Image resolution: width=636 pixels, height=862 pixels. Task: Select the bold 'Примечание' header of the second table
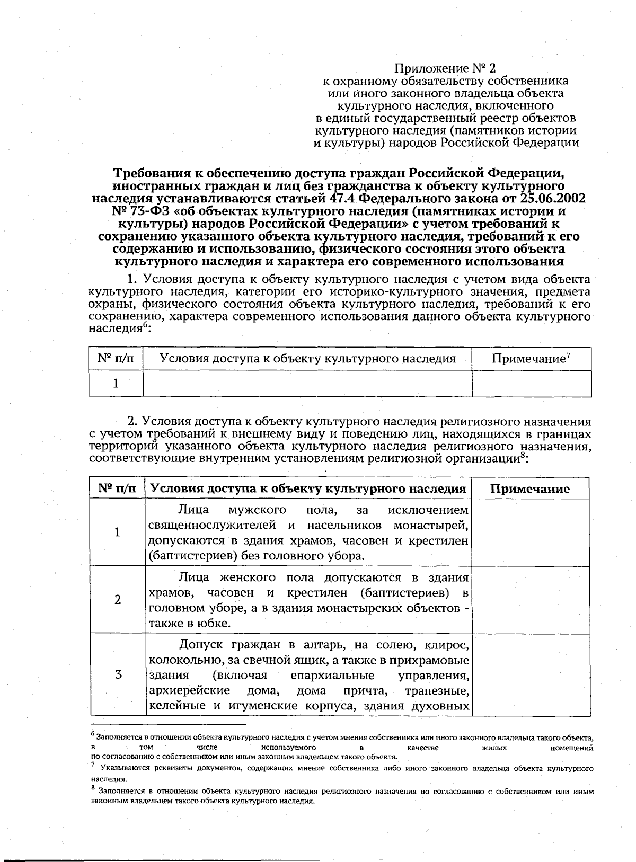pyautogui.click(x=530, y=489)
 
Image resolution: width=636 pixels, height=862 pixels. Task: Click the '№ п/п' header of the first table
pyautogui.click(x=116, y=359)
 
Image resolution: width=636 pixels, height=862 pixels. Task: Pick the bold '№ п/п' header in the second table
pyautogui.click(x=117, y=488)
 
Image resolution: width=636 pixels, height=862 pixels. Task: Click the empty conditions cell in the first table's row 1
pyautogui.click(x=307, y=383)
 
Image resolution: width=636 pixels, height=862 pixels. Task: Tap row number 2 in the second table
pyautogui.click(x=117, y=599)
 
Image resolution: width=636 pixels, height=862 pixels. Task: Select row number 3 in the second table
pyautogui.click(x=118, y=675)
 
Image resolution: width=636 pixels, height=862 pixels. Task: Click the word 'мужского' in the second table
pyautogui.click(x=257, y=510)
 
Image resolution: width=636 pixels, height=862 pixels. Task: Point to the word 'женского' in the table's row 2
pyautogui.click(x=250, y=577)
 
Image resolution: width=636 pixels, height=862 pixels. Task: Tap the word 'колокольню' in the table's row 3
pyautogui.click(x=178, y=661)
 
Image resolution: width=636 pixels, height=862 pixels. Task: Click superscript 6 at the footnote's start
pyautogui.click(x=92, y=734)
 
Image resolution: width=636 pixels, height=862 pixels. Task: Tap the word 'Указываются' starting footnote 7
pyautogui.click(x=121, y=768)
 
